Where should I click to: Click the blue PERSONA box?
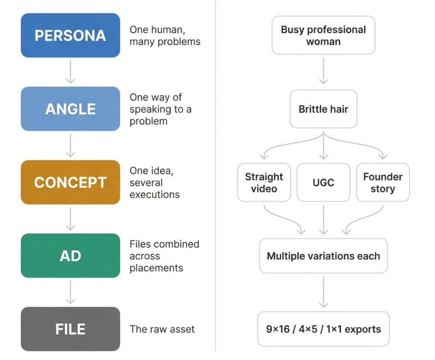pos(70,35)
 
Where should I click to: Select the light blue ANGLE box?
pos(70,109)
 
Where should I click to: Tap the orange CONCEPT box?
pos(70,182)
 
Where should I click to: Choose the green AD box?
pos(70,256)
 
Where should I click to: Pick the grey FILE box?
pos(70,329)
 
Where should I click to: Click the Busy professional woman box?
pos(323,35)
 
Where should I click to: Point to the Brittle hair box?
pos(323,109)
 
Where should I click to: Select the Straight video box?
pos(264,182)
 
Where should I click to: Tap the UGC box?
pos(323,182)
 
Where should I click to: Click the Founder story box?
pos(383,182)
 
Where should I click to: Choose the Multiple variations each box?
pos(323,256)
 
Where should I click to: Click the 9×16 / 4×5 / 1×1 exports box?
pos(323,329)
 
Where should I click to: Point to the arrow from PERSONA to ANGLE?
pos(70,72)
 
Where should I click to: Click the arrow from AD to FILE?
pos(70,292)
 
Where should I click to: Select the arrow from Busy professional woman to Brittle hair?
pos(323,71)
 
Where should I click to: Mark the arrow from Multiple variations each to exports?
pos(323,292)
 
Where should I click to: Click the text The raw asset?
pos(162,329)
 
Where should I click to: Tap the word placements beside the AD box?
pos(156,268)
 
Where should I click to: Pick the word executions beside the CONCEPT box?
pos(155,195)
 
